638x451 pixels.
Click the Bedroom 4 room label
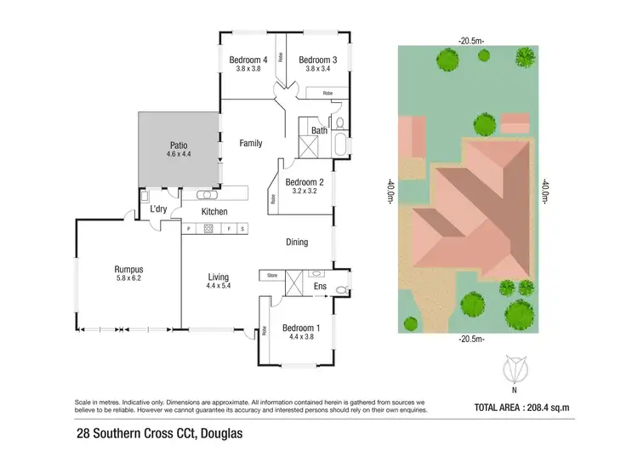click(248, 60)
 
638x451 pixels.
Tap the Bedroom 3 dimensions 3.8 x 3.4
click(317, 70)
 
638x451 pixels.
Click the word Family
click(250, 143)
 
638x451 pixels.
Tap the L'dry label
click(157, 209)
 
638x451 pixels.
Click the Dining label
click(297, 243)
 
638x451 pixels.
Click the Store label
click(272, 275)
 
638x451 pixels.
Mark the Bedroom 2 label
click(304, 182)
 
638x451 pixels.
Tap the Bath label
click(319, 130)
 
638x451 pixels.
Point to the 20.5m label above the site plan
click(471, 40)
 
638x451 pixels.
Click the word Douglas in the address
click(201, 435)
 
